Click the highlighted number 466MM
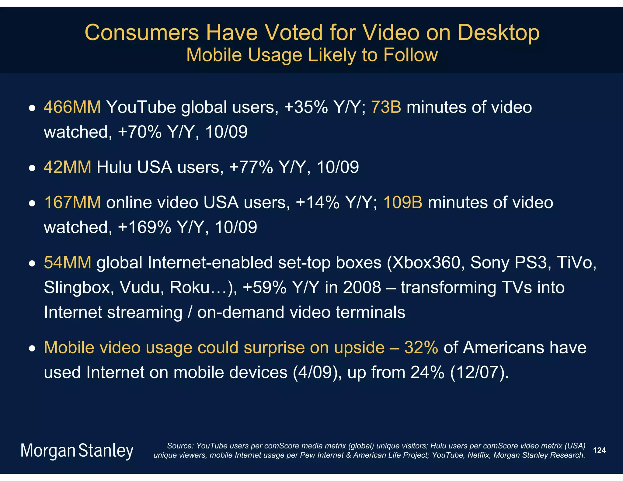[x=72, y=107]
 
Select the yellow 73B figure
[x=386, y=107]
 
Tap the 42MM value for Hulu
[x=67, y=167]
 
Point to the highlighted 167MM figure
[x=72, y=202]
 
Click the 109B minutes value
[x=403, y=202]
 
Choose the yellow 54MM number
[x=67, y=262]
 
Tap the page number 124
[x=599, y=450]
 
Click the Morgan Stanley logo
[x=77, y=451]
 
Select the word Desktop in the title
[x=498, y=33]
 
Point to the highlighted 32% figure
[x=421, y=348]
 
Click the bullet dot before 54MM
[x=32, y=263]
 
